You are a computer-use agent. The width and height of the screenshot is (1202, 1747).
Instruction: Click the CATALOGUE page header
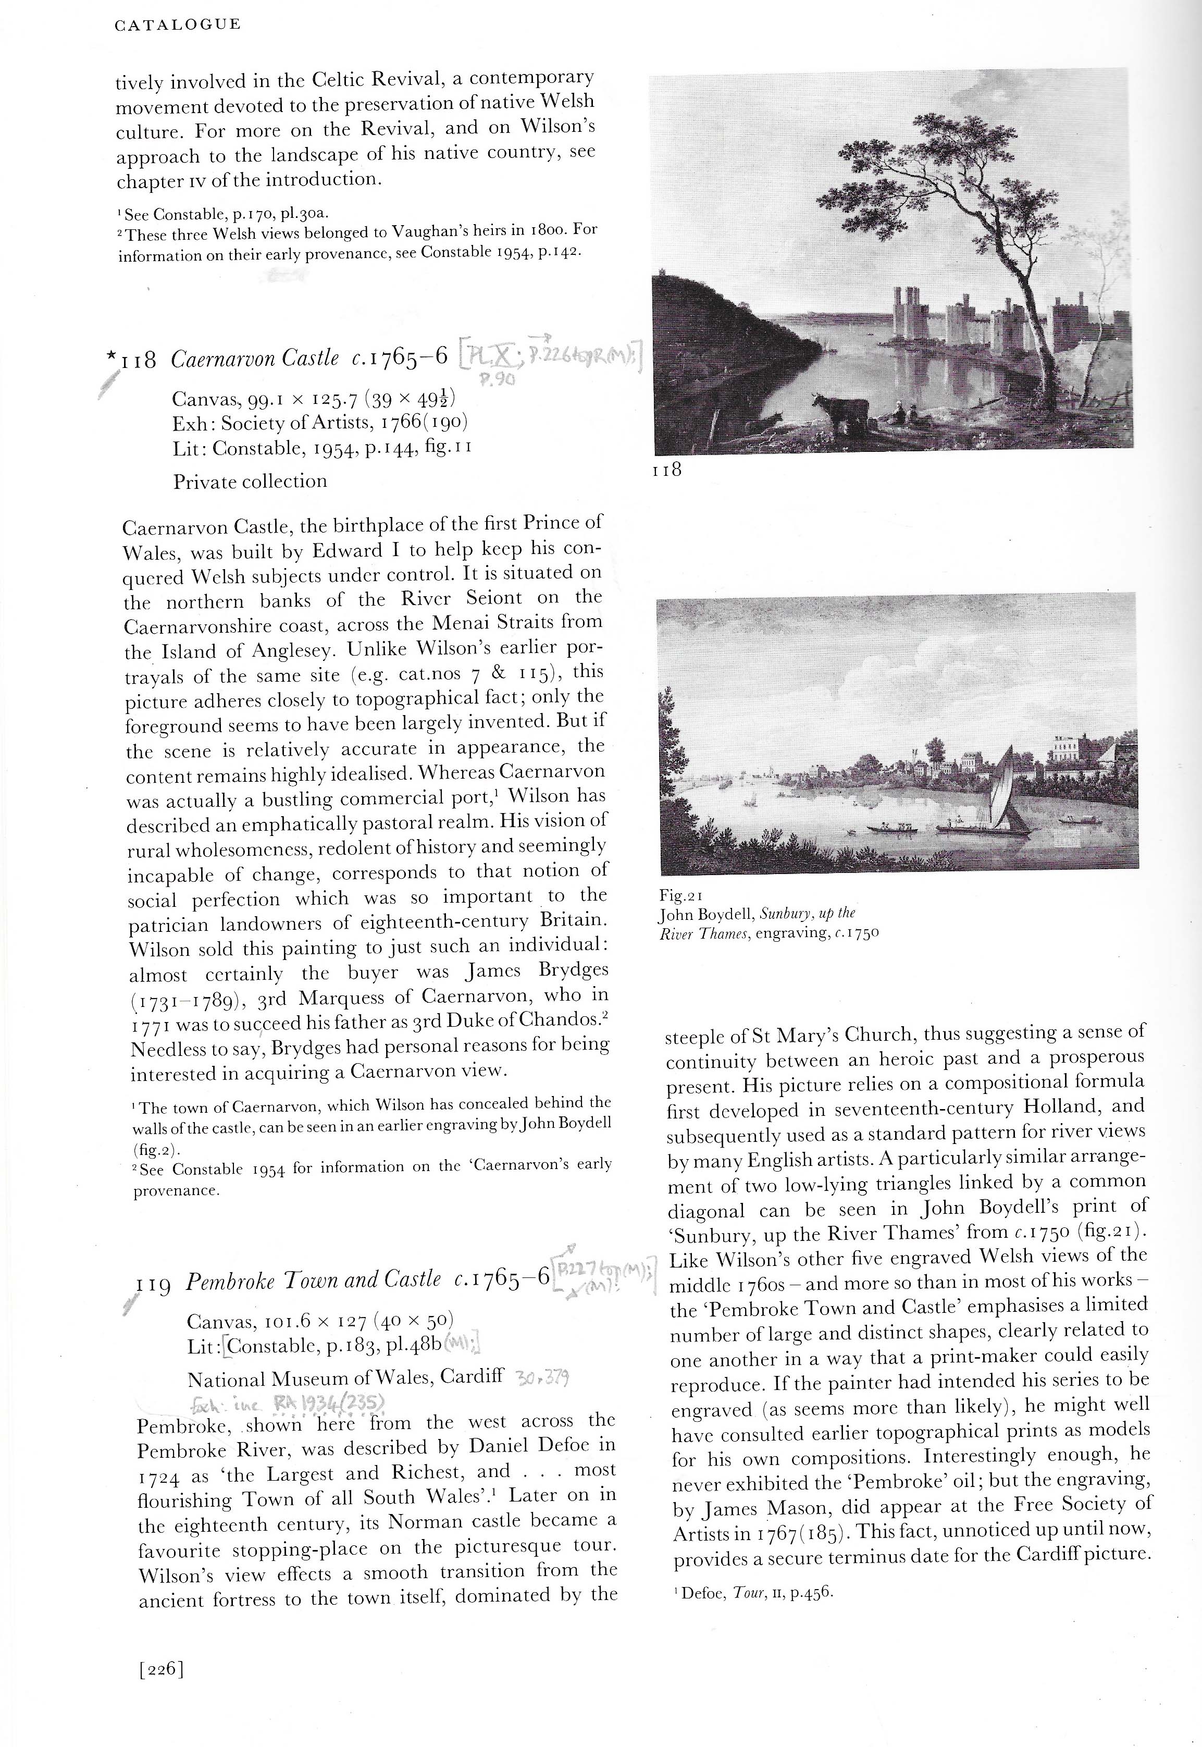coord(178,25)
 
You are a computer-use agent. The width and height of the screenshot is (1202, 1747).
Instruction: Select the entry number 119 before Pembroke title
coord(155,1282)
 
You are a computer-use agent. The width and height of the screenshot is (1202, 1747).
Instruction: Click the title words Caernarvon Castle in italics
coord(255,359)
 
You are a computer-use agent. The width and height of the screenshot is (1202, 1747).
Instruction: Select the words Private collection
coord(250,482)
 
